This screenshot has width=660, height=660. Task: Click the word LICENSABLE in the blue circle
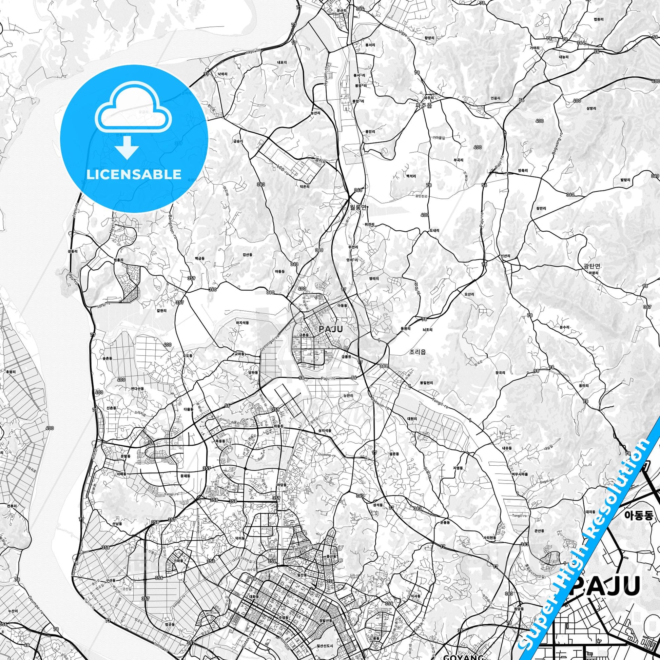tap(134, 174)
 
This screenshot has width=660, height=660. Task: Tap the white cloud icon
tap(134, 113)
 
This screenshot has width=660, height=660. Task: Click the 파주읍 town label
tap(423, 105)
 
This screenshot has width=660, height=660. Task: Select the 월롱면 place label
tap(358, 207)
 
